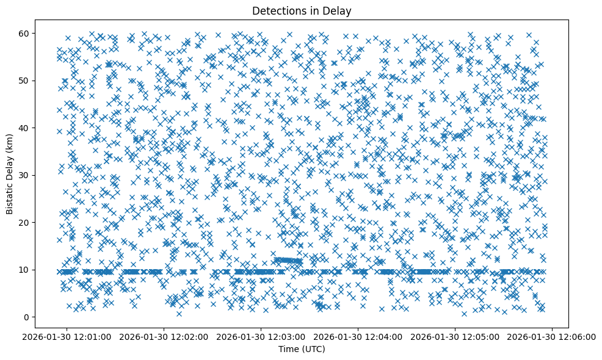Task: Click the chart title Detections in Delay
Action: (302, 10)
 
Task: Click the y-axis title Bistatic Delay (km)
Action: (10, 175)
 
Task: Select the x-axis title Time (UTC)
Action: (302, 349)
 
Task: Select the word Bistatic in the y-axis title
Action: (10, 196)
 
